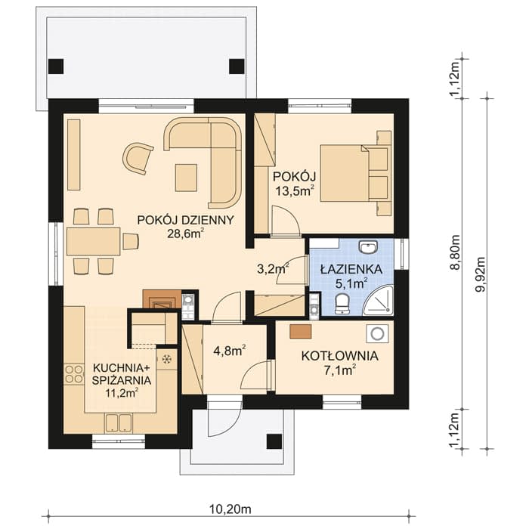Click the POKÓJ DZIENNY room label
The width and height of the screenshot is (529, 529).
point(185,220)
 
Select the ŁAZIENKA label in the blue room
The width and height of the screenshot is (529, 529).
point(351,269)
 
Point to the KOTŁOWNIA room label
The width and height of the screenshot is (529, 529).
point(340,356)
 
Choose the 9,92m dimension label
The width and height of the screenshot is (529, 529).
point(481,274)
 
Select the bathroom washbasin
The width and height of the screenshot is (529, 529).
point(368,247)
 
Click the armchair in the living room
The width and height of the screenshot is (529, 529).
point(138,158)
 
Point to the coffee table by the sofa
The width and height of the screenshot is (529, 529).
point(186,178)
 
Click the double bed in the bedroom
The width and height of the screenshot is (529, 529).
point(354,173)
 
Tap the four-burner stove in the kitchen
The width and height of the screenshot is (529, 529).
point(74,374)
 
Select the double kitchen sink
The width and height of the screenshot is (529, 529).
point(118,423)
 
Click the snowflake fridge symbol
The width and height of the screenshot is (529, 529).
point(166,359)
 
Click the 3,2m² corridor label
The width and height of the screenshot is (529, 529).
point(273,269)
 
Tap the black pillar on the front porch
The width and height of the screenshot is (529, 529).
point(274,441)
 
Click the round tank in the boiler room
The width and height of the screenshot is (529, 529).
point(378,334)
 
